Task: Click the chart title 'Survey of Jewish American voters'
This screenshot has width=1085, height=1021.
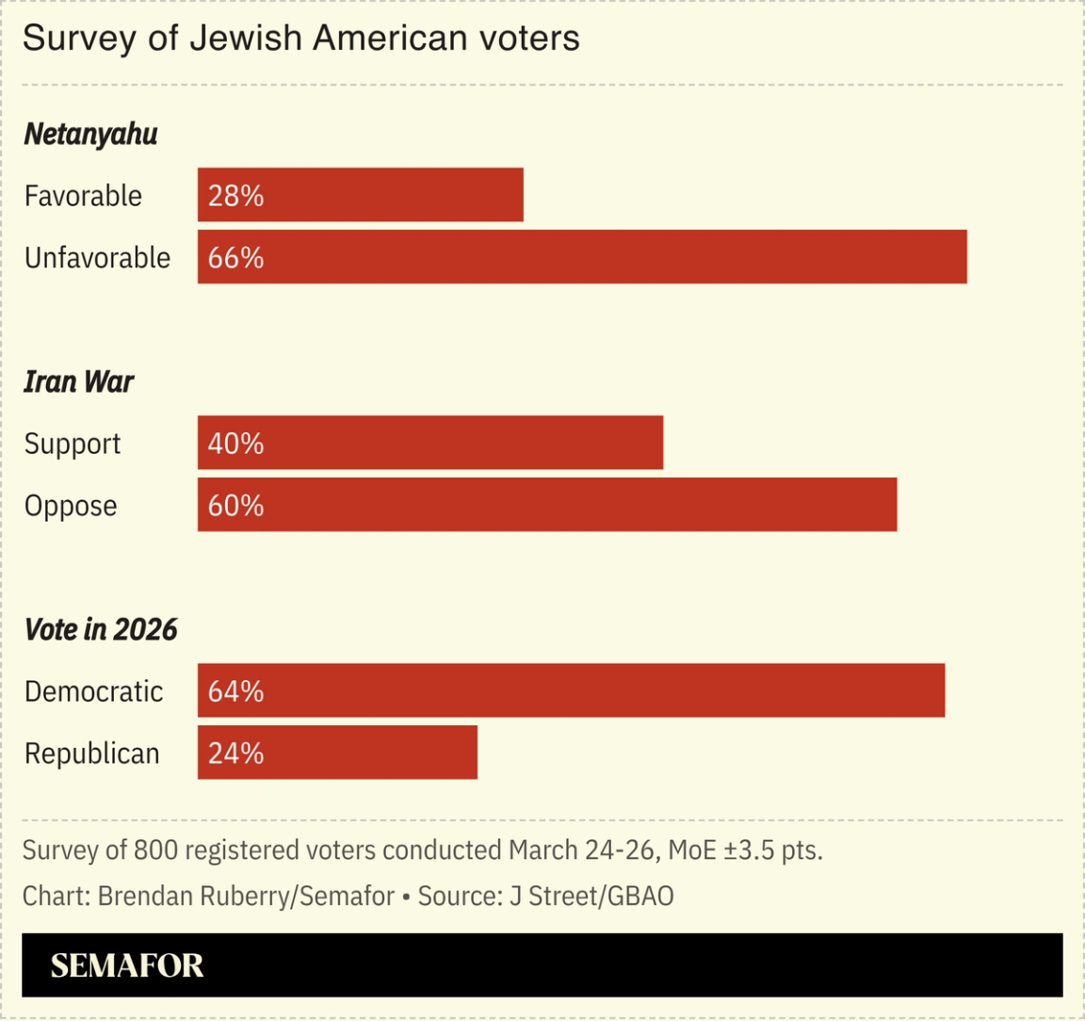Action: [x=300, y=39]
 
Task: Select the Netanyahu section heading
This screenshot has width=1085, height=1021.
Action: [x=90, y=135]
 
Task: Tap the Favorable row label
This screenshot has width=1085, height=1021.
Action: [x=83, y=196]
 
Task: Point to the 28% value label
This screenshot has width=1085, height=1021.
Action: [x=235, y=196]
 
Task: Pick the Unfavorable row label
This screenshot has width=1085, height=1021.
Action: [x=97, y=257]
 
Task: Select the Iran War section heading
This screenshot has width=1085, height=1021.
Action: [x=78, y=381]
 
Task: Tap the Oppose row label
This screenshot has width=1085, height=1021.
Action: [x=71, y=506]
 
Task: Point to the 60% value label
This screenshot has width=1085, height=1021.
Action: [x=235, y=506]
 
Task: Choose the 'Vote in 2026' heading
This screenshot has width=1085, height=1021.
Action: [x=100, y=629]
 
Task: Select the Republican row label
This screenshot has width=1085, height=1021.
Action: [x=91, y=754]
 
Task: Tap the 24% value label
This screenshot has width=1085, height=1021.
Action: [x=235, y=754]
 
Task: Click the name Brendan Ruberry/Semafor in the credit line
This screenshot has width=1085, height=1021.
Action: [x=246, y=896]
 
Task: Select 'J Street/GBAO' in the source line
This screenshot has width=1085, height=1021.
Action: [x=591, y=896]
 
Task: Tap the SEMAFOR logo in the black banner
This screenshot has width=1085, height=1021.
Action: [x=126, y=965]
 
